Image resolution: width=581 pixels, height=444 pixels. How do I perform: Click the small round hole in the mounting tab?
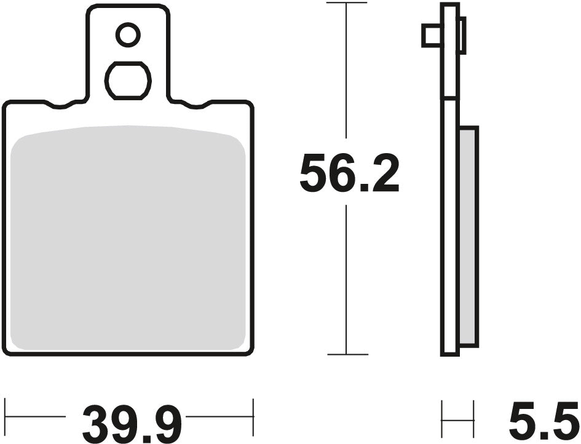point(128,35)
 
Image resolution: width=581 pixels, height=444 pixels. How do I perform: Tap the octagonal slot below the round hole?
point(128,80)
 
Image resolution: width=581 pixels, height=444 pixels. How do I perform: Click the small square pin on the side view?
point(431,36)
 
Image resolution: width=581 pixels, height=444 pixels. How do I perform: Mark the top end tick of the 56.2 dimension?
point(347,4)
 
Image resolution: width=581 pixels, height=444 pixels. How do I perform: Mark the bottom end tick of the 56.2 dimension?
point(347,354)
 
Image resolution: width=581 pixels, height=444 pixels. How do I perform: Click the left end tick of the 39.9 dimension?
point(6,416)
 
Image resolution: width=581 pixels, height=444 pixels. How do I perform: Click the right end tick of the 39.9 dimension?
point(253,416)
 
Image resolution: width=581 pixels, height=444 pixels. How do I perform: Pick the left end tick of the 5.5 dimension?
point(443,419)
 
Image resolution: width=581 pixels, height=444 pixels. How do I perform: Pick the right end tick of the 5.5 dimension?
point(474,419)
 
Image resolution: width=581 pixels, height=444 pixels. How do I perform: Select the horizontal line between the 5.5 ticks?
point(458,419)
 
